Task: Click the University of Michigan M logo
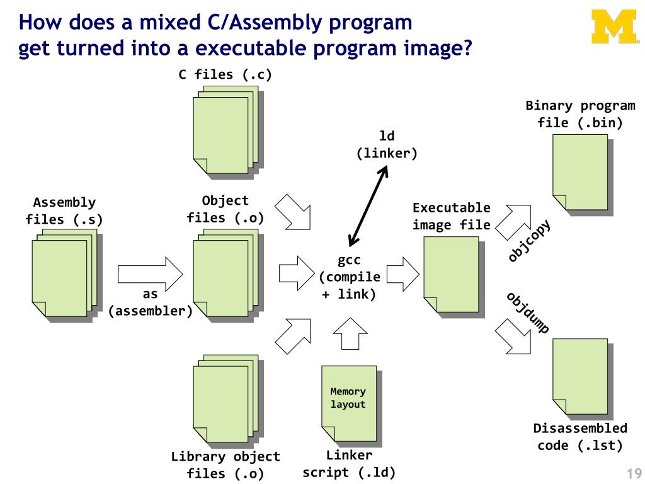[x=613, y=28]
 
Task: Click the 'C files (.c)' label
[x=225, y=75]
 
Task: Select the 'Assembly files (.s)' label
[x=64, y=211]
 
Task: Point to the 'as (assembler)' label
[x=151, y=302]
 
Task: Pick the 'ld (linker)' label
[x=387, y=144]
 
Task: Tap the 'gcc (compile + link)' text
[x=349, y=277]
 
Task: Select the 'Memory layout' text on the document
[x=348, y=398]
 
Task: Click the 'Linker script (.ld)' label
[x=349, y=464]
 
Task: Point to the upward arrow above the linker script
[x=350, y=333]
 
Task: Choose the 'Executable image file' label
[x=451, y=216]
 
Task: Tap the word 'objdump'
[x=528, y=312]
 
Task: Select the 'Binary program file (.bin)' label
[x=580, y=114]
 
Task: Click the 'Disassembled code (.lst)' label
[x=580, y=437]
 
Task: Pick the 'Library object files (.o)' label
[x=225, y=465]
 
